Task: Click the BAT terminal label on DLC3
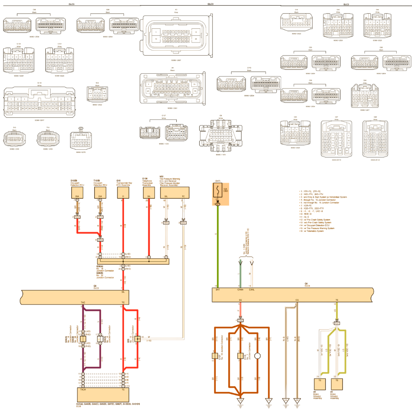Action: tap(218, 290)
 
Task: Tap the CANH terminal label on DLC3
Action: tap(240, 290)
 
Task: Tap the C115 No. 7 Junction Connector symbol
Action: tap(240, 356)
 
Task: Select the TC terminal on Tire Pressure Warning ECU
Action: tap(183, 196)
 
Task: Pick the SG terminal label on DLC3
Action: tap(240, 300)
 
